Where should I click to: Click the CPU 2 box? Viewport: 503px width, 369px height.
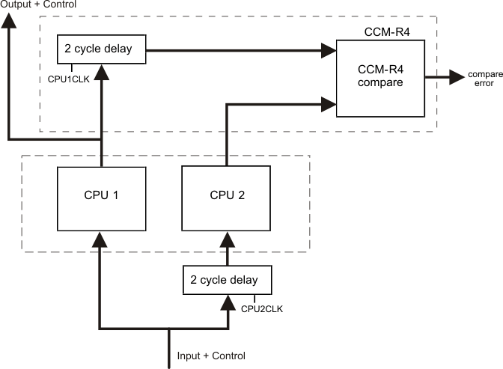click(x=226, y=196)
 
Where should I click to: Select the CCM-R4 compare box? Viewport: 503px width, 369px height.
click(x=380, y=77)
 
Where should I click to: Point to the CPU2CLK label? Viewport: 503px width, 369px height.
click(x=261, y=307)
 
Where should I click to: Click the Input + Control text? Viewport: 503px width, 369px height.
click(x=211, y=356)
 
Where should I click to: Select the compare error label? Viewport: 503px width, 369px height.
click(x=481, y=79)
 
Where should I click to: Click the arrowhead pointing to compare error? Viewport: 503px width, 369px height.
click(x=456, y=76)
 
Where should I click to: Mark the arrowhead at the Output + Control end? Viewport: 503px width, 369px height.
click(x=8, y=22)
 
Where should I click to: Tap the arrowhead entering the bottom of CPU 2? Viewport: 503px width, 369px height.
click(x=226, y=240)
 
